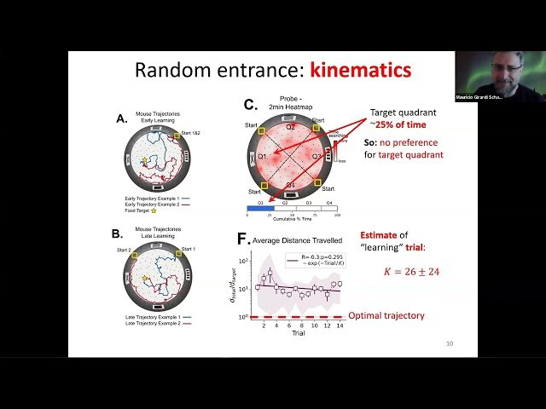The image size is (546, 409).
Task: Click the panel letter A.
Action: coord(122,120)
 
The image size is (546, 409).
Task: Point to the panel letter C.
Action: coord(250,105)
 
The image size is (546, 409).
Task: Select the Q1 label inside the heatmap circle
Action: coord(264,157)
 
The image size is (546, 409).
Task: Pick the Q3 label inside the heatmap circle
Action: coord(315,157)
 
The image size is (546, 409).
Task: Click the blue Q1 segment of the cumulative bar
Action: coord(261,207)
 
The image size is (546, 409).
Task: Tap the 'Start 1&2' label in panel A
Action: coord(188,130)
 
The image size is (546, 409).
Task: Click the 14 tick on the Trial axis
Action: coord(340,326)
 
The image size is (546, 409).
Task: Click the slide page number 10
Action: coord(450,344)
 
